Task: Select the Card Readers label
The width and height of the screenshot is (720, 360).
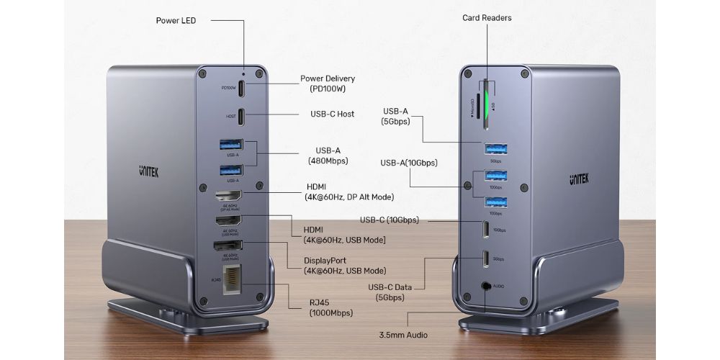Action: [487, 17]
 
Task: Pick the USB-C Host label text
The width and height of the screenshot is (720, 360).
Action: [332, 114]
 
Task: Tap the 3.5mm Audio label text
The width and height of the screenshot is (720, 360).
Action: [403, 335]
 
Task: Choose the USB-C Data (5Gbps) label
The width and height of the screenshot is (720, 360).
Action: [393, 292]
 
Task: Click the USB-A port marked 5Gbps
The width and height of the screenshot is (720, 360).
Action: [495, 149]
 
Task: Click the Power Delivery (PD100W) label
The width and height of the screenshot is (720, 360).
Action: [328, 84]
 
